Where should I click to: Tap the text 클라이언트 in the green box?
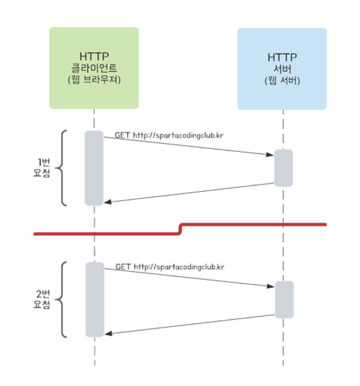pos(94,68)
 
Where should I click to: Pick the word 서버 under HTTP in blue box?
pos(282,69)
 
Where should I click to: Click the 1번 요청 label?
pos(42,168)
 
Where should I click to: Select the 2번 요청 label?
pos(42,300)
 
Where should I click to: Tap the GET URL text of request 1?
pos(169,136)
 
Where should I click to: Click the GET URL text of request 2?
pos(170,267)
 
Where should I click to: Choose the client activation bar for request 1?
pos(94,168)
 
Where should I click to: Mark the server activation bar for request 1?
pos(283,168)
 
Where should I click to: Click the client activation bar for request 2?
pos(95,300)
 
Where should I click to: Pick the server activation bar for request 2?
pos(284,300)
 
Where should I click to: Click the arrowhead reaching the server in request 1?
pos(271,154)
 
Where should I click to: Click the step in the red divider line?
pos(180,229)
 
